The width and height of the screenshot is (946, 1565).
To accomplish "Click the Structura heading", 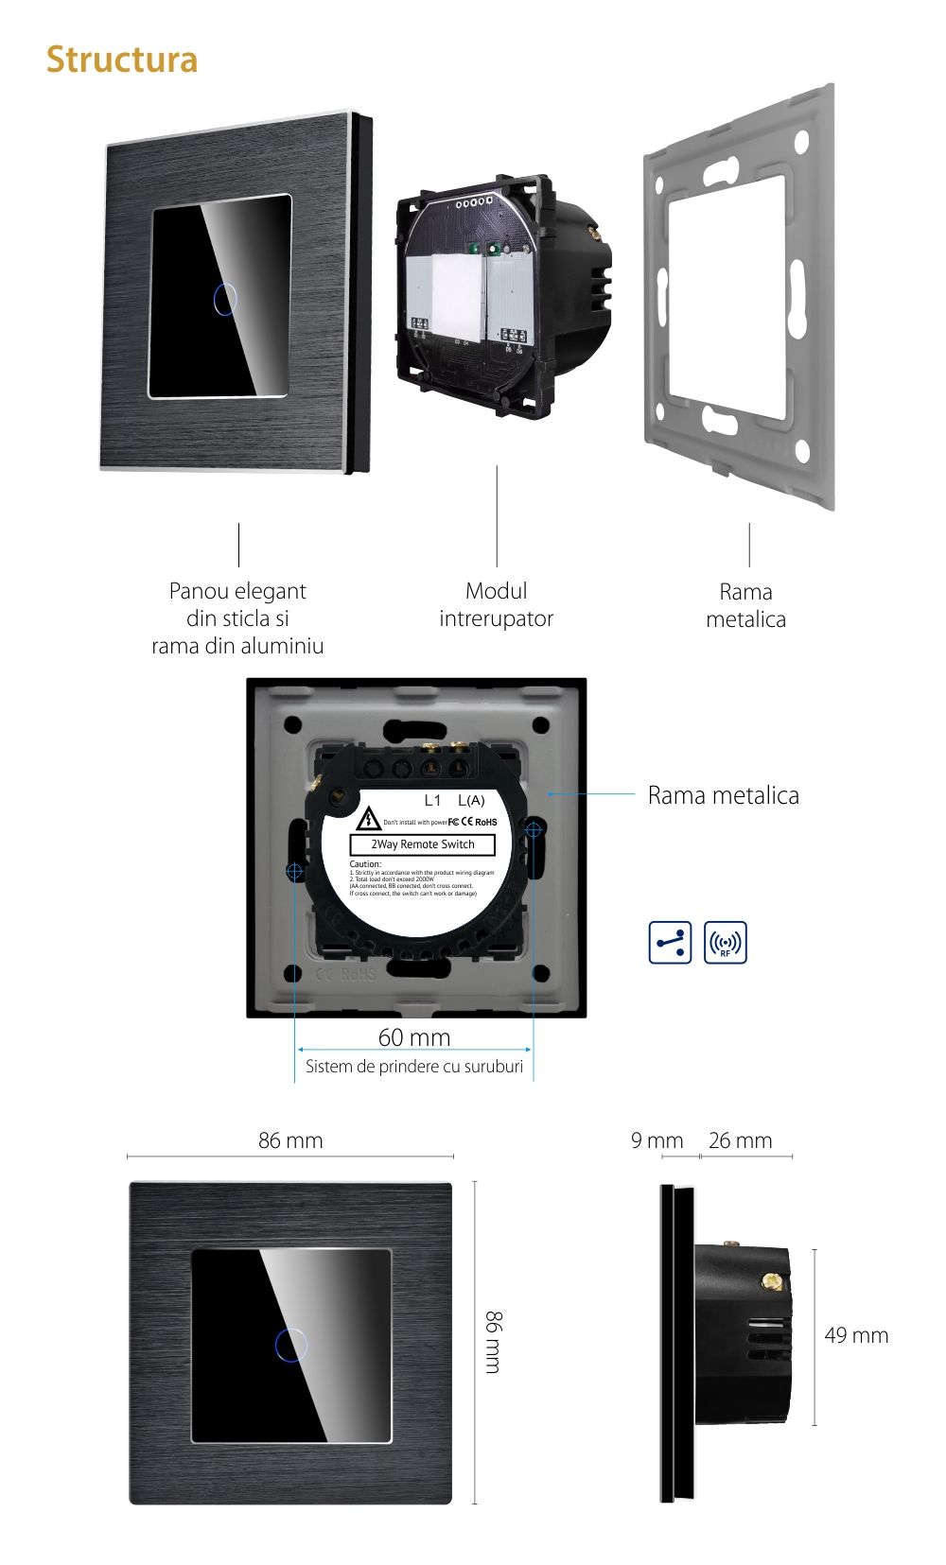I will [122, 60].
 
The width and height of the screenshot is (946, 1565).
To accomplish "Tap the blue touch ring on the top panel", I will [225, 299].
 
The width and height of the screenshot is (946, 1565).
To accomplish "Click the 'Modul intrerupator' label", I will [496, 605].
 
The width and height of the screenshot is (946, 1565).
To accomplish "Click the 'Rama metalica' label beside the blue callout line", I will [723, 795].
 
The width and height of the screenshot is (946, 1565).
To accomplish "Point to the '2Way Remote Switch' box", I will [423, 844].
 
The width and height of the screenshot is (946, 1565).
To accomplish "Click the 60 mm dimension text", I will [414, 1037].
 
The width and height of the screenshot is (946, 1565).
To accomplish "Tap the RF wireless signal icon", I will [726, 943].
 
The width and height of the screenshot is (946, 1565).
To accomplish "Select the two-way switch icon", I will [670, 943].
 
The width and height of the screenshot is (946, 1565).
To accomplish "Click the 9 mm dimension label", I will [657, 1140].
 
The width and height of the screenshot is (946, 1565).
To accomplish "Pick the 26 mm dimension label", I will [740, 1140].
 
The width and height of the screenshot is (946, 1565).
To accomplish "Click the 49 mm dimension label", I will [856, 1335].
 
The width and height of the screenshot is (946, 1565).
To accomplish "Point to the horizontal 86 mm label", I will [290, 1140].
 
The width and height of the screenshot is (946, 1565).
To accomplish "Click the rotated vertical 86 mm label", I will [493, 1342].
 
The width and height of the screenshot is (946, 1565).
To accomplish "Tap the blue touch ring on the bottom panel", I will [291, 1345].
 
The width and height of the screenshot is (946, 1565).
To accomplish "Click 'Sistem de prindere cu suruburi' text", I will [414, 1067].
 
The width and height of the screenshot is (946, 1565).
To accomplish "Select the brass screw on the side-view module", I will [773, 1281].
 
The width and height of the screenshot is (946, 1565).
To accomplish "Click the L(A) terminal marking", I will [471, 800].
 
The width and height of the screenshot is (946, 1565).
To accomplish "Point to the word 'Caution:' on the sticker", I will [365, 864].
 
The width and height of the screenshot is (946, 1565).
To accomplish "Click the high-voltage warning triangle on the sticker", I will [368, 819].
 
